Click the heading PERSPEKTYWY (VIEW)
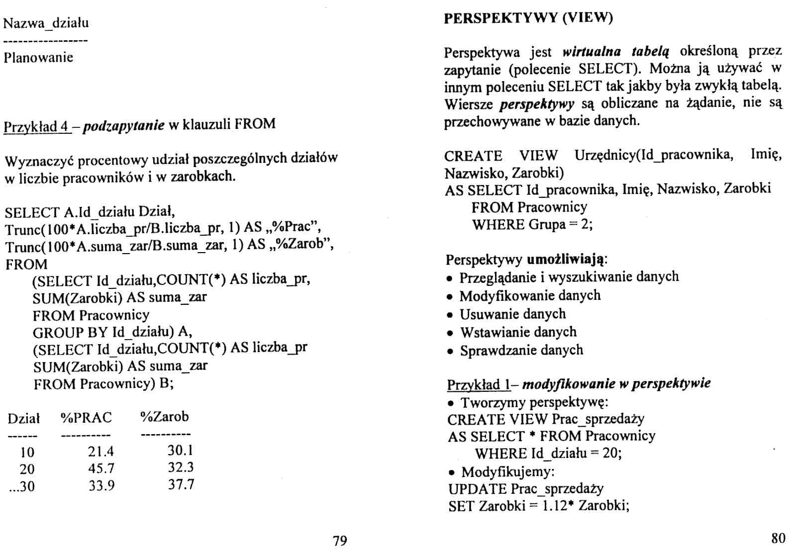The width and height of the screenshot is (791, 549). coord(528,18)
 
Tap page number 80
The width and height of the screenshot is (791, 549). coord(778,538)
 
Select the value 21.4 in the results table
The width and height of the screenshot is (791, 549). coord(101,451)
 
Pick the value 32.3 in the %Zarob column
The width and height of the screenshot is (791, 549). coord(181,467)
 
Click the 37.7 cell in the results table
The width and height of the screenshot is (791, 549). coord(181,484)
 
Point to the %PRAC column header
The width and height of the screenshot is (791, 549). coord(86,418)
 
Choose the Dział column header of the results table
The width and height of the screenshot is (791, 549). coord(23,419)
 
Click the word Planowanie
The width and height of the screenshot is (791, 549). coord(38,58)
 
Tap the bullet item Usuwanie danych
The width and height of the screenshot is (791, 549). coord(512,314)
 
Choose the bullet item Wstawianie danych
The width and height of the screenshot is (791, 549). coord(518,332)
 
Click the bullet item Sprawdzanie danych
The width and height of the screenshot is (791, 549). coord(521,351)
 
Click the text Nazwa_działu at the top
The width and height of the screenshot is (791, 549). coord(46,23)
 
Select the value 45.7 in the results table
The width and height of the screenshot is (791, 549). coord(101,468)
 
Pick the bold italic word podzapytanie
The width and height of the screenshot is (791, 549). coord(123,124)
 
